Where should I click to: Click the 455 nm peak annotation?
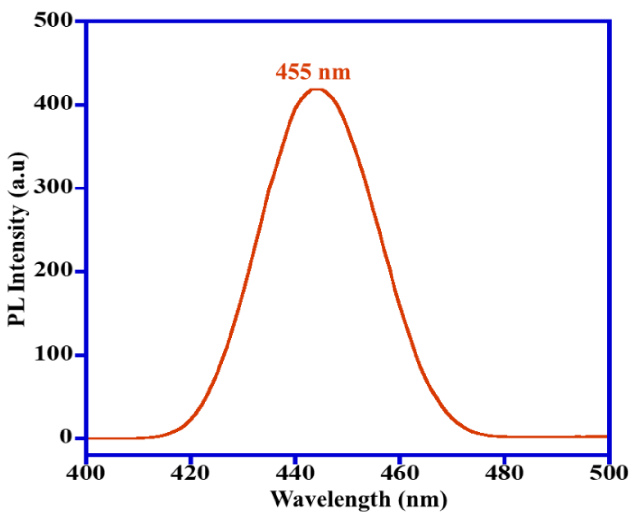tap(313, 72)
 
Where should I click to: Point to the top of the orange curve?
tap(316, 89)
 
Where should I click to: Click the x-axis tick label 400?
tap(86, 473)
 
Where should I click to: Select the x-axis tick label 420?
tap(190, 473)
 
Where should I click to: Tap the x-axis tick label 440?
tap(295, 473)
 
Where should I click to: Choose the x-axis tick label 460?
tap(400, 473)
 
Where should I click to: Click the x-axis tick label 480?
tap(504, 473)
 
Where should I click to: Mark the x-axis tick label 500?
tap(609, 473)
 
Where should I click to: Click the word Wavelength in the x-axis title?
tap(331, 499)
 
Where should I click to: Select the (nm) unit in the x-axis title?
tap(423, 500)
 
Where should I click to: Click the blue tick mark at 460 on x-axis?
tap(400, 460)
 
